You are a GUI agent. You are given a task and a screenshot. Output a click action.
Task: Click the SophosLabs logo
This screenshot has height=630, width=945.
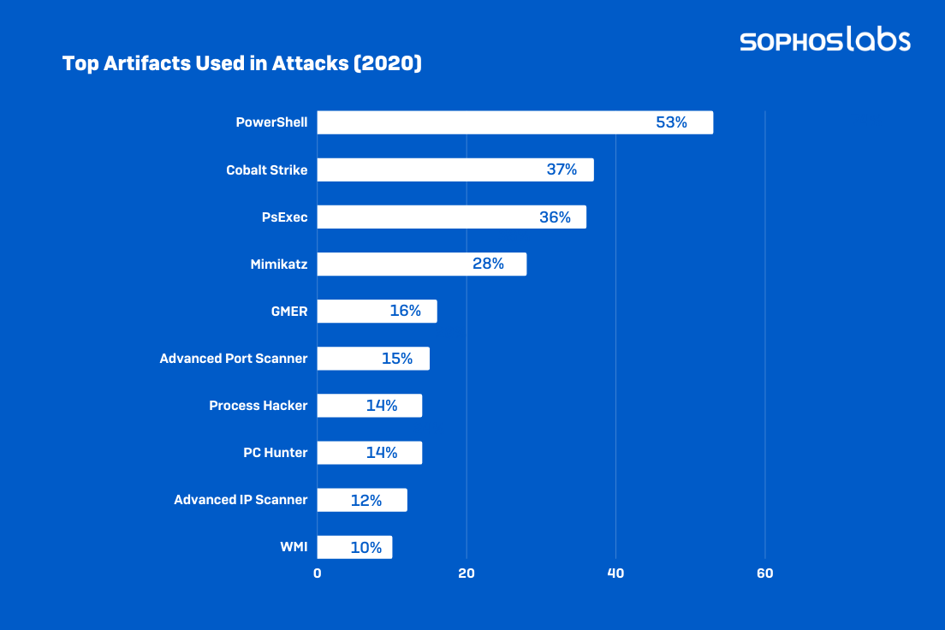825,39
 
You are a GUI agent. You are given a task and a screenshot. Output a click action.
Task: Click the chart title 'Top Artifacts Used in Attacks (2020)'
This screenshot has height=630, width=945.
242,64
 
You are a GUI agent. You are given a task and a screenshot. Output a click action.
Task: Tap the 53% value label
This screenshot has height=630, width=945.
671,122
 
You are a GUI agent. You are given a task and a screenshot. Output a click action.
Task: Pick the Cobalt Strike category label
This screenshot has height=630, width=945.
266,169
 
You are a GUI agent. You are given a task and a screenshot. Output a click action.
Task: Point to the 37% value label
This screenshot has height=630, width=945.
562,169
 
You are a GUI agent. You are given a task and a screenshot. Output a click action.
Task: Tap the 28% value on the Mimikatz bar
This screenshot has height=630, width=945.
488,264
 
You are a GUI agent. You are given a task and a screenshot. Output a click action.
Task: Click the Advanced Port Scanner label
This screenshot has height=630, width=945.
233,358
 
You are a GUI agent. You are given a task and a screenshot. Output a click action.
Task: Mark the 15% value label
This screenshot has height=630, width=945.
397,359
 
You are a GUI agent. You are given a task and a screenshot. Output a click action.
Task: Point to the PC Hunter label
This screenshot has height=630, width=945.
275,453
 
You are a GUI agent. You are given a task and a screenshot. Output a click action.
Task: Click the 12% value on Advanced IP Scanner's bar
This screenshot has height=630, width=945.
366,500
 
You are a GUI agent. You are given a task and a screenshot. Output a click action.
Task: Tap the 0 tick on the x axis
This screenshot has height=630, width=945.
318,574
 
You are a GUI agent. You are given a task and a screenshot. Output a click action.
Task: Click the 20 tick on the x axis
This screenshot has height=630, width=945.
467,574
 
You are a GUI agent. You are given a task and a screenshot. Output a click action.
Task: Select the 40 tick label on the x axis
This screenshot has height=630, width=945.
615,574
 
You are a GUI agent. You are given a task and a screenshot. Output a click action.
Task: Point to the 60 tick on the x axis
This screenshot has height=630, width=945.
765,574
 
